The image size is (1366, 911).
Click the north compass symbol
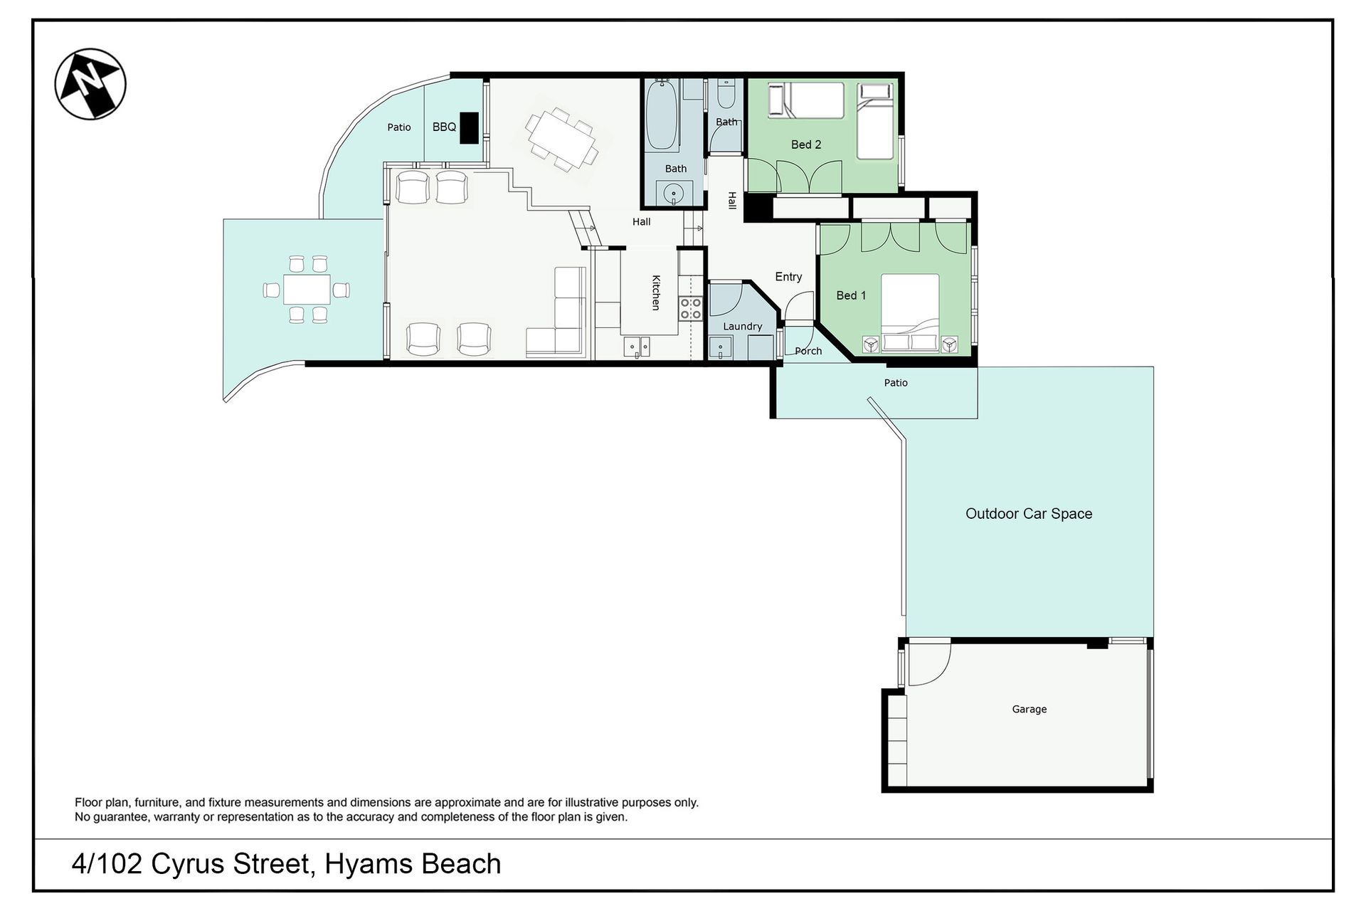(90, 84)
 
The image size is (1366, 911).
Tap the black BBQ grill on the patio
(469, 128)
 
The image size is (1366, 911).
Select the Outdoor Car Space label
(1029, 514)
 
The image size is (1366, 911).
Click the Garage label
(1029, 709)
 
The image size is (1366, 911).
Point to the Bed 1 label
(851, 295)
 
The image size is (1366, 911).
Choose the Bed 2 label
(806, 144)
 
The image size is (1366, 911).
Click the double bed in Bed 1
(910, 313)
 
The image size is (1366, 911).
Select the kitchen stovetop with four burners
(690, 308)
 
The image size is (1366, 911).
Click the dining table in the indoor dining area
(561, 139)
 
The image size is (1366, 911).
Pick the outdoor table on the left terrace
(307, 290)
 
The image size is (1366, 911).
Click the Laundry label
(743, 327)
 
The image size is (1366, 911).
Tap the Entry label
(788, 277)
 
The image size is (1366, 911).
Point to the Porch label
(808, 351)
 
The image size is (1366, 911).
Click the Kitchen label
(656, 293)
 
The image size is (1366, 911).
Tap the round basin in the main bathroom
(672, 193)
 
